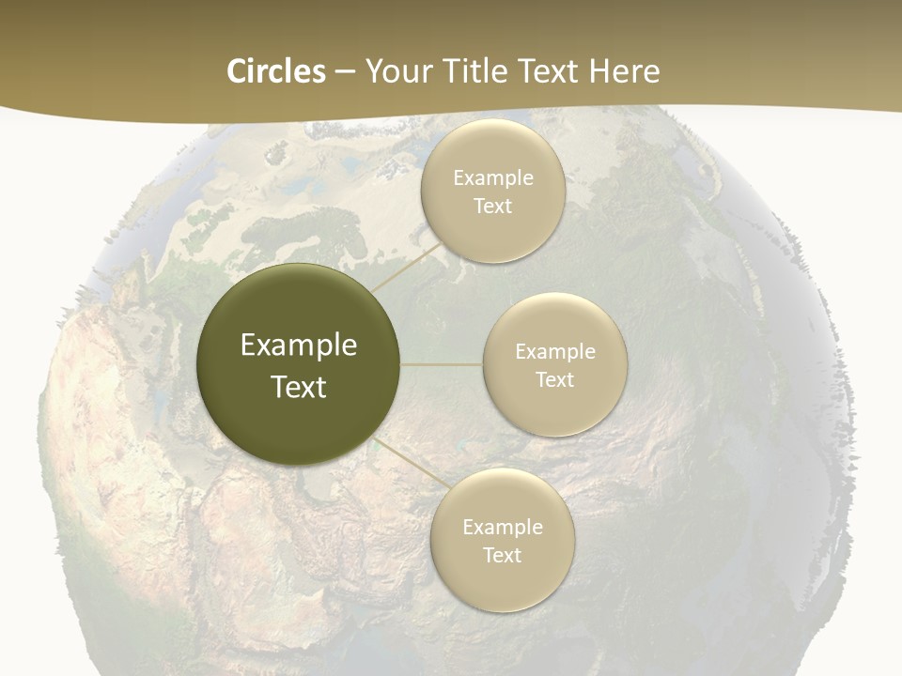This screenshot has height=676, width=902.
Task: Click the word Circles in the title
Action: pos(275,71)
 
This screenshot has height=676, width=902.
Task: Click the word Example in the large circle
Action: pos(299,346)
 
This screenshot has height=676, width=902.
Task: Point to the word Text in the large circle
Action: pos(299,387)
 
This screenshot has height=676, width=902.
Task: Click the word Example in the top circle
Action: pos(492,178)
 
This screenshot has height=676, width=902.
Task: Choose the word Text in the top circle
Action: pos(492,207)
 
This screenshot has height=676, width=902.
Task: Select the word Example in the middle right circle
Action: pos(554,352)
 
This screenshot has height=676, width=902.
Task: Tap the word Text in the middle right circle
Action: pos(554,380)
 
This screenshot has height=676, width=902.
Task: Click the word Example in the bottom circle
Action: pos(502,528)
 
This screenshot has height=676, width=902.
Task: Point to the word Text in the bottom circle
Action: pos(502,556)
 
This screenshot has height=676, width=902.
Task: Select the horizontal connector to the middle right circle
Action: pos(442,364)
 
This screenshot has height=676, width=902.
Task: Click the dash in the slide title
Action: pos(345,72)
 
